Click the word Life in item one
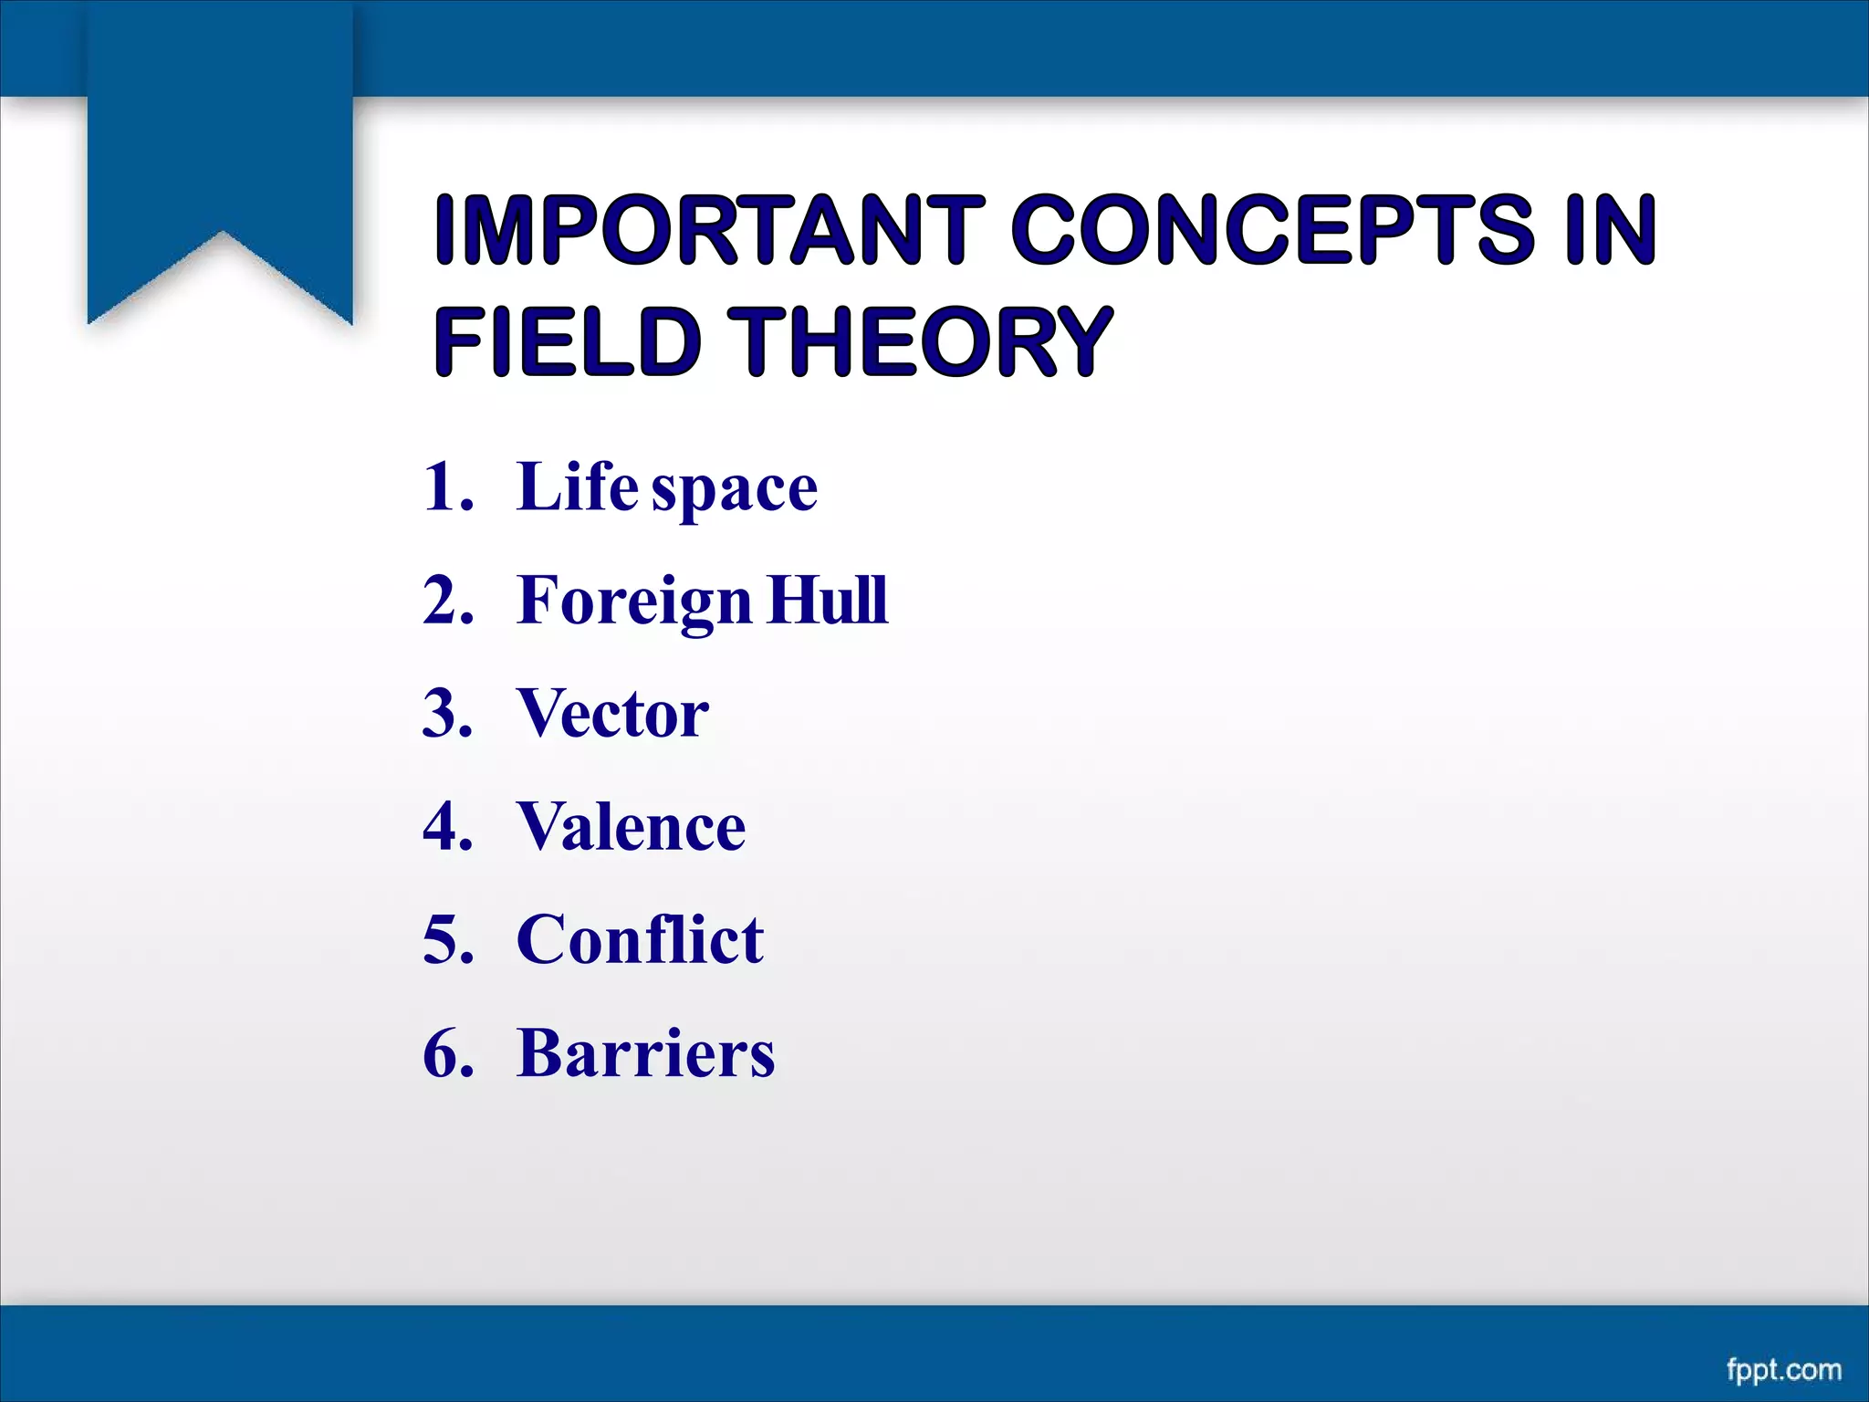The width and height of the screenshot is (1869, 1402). [577, 487]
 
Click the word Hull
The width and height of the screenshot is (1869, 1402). [828, 600]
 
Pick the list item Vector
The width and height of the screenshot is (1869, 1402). [612, 713]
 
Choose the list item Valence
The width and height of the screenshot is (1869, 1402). [631, 826]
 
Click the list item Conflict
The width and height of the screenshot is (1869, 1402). [640, 939]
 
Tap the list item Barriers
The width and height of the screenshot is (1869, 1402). [645, 1052]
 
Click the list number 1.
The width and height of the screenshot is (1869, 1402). [447, 487]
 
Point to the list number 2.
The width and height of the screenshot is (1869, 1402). [447, 601]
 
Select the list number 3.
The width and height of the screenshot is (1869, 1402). [447, 713]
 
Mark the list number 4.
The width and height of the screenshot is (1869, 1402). [447, 826]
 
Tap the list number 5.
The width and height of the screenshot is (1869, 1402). [447, 939]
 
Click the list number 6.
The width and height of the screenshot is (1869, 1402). [447, 1052]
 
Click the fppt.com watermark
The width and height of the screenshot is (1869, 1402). [1783, 1369]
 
